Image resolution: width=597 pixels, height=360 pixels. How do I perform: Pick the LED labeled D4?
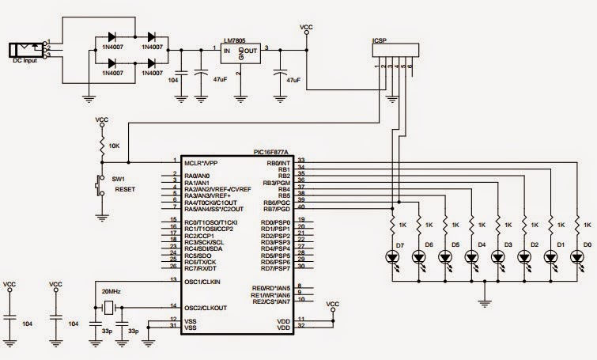[x=472, y=256]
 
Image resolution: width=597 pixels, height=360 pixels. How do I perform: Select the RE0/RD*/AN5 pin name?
[x=273, y=287]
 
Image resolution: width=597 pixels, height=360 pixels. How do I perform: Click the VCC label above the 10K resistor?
[x=102, y=119]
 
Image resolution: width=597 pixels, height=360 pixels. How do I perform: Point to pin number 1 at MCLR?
[x=174, y=160]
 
